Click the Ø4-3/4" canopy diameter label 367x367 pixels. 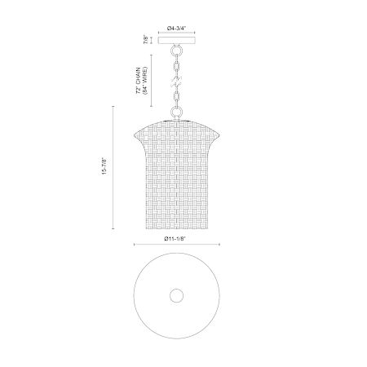tap(177, 28)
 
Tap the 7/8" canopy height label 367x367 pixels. tap(147, 40)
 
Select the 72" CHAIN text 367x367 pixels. tap(139, 81)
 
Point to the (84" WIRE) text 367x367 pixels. tap(145, 81)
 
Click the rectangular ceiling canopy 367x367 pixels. tap(177, 40)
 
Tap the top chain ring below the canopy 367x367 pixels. tap(176, 51)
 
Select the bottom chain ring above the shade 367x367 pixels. tap(176, 112)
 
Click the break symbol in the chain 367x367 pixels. tap(176, 82)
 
